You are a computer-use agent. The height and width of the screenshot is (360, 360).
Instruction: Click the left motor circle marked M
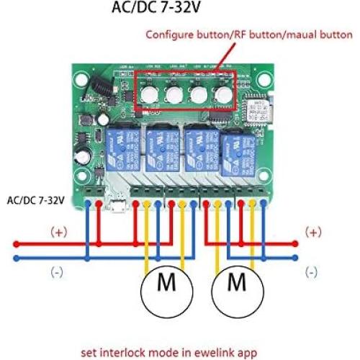coord(166,283)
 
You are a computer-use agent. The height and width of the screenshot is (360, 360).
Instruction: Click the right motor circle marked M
coord(238,283)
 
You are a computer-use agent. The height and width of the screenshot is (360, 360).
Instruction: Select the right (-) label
coord(311,271)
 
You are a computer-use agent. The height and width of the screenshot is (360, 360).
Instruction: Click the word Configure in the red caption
coord(170,34)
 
